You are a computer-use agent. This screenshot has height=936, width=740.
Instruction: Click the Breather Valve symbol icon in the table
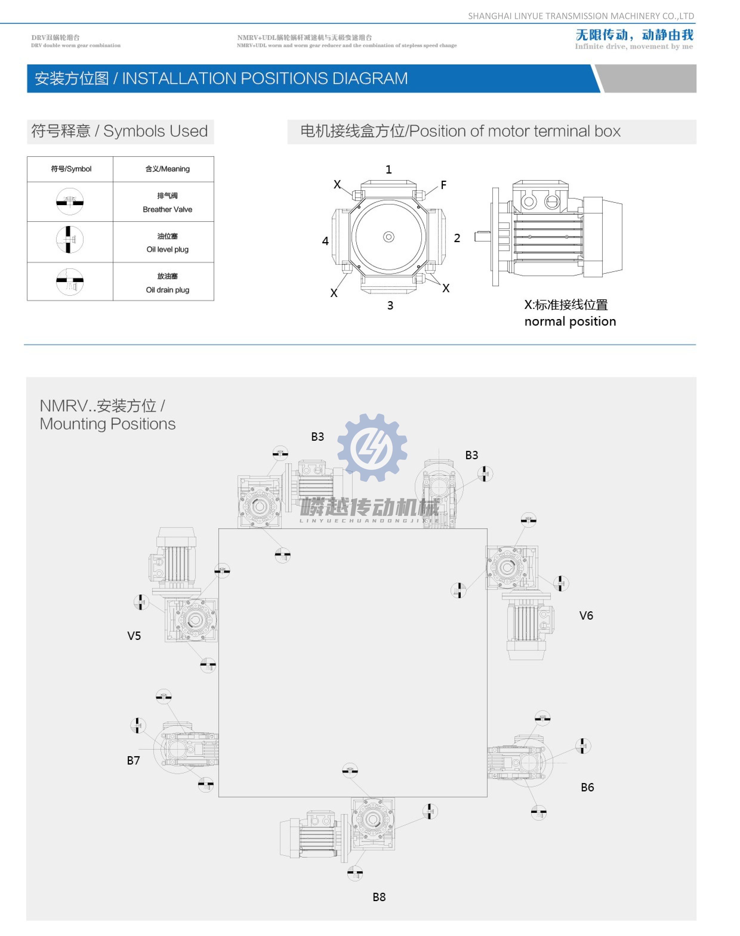[70, 202]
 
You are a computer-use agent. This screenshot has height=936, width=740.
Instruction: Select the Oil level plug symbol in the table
[70, 239]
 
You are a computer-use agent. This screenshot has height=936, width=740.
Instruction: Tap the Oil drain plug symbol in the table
[70, 282]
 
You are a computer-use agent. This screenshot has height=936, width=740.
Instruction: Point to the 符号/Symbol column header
[71, 169]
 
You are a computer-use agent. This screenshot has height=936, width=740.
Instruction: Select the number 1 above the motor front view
[388, 170]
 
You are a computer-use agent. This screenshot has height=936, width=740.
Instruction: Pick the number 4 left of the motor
[325, 241]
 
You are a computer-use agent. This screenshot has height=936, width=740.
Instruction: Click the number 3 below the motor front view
[390, 306]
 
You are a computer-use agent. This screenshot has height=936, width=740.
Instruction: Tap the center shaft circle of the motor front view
[388, 237]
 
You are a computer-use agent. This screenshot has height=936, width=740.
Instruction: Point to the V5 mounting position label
[134, 636]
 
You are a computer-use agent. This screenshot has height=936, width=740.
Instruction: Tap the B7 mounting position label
[133, 761]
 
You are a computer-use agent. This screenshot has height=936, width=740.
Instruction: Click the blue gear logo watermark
[372, 447]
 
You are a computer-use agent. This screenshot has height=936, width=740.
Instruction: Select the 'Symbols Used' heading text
[155, 131]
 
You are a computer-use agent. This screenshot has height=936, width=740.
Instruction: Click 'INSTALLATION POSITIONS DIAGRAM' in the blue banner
[264, 78]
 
